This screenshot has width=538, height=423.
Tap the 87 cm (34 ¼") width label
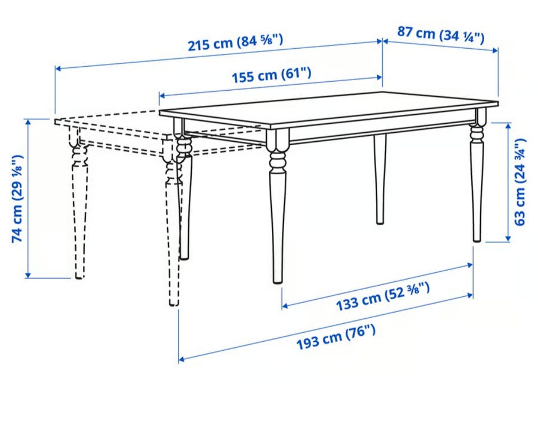[x=441, y=35]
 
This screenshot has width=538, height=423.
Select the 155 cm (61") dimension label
[x=271, y=75]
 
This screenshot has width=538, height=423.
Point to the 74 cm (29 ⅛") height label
[x=17, y=199]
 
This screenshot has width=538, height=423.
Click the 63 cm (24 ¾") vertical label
[x=520, y=182]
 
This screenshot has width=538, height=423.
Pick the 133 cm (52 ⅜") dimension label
[x=382, y=296]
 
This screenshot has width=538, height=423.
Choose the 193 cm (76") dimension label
[x=336, y=338]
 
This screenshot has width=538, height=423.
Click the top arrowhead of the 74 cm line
[x=28, y=121]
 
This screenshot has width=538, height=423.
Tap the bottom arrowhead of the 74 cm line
[x=28, y=276]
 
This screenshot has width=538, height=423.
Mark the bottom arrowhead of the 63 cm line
[x=508, y=239]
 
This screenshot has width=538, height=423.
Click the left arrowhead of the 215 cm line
[x=58, y=68]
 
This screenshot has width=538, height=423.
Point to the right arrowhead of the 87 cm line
[x=495, y=50]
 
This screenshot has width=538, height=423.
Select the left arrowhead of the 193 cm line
[x=181, y=359]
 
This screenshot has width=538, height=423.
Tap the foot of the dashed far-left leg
[x=79, y=276]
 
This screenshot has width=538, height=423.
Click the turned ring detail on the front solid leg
[x=277, y=161]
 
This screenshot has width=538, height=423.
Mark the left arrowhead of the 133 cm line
[x=285, y=305]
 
